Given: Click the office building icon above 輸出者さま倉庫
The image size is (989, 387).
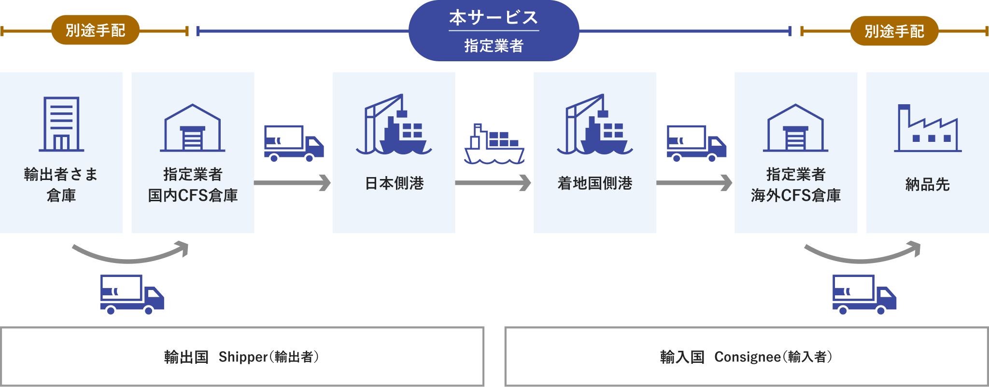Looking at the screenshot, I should pos(61,124).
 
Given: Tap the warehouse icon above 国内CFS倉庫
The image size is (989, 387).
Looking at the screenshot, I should pos(193,128).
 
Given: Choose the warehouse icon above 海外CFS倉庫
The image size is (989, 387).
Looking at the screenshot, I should pos(796,128).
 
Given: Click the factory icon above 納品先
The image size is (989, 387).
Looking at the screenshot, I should pos(927,128).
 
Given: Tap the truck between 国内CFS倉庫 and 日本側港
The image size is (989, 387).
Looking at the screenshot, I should pos(294,143).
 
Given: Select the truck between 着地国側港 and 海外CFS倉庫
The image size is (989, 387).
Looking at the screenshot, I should pos(696,143).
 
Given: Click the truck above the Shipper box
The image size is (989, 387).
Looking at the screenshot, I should pos(132,295).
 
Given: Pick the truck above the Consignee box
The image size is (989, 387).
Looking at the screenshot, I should pos(864,295).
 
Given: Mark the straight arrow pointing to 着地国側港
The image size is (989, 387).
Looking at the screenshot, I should pos(494,183).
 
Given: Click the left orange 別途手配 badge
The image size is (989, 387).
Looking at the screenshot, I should pos(95,30).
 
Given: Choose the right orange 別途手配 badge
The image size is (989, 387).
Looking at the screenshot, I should pos(894,31).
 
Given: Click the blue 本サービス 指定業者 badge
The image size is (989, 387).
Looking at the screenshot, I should pos(494,31).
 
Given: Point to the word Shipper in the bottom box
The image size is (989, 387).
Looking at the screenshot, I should pos(242,357).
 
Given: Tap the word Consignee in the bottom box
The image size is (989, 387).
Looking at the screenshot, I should pos(747,357).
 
